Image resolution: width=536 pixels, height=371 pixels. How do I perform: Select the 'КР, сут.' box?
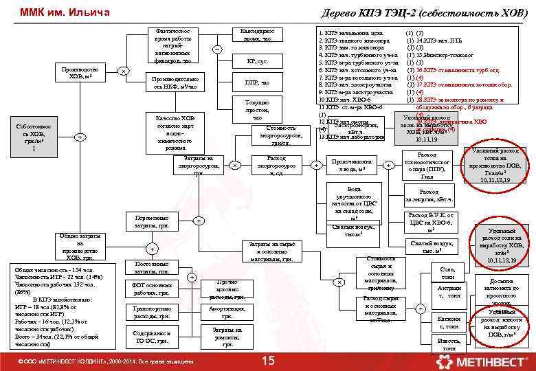point(257,61)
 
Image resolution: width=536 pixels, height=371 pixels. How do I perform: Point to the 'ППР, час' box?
point(257,83)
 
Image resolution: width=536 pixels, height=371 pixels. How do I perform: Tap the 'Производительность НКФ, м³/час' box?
point(174,83)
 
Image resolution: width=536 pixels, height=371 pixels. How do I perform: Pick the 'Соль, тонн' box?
point(448,272)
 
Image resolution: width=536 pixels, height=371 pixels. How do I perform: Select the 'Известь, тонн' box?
point(448,344)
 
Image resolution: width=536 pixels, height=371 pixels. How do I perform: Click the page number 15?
point(269,361)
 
